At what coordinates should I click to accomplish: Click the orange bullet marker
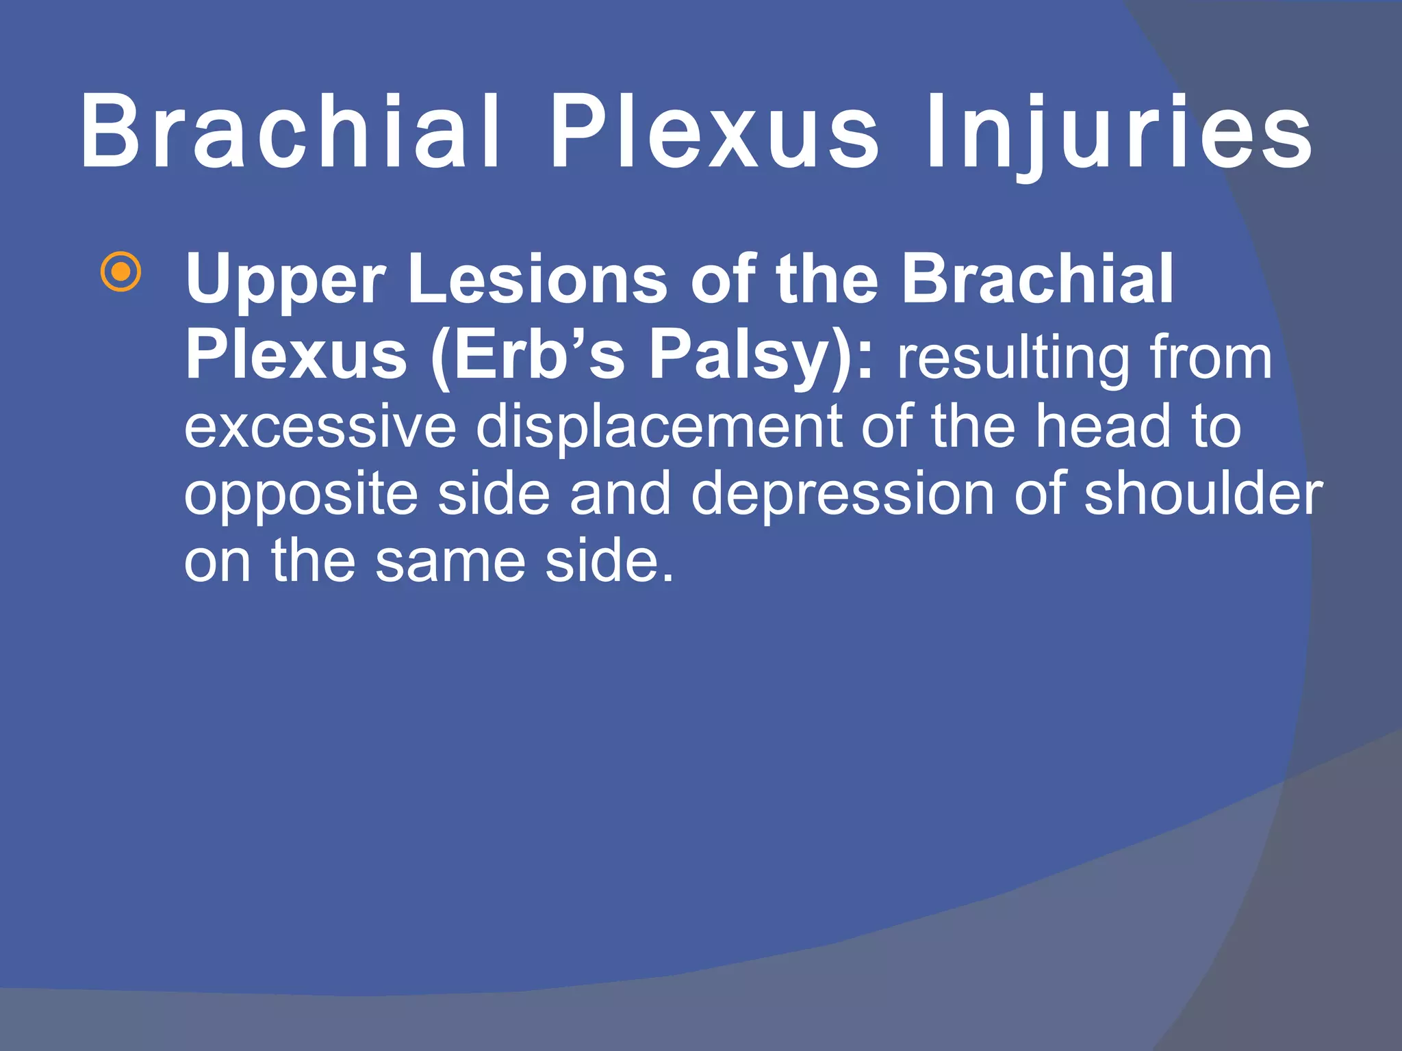point(120,272)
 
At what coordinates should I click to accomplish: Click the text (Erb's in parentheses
point(527,356)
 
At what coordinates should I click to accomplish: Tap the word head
point(1102,426)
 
